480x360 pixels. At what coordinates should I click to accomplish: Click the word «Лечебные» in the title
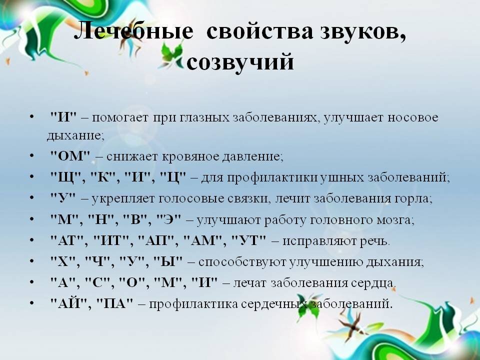133,30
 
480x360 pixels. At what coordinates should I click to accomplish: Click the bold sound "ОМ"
70,156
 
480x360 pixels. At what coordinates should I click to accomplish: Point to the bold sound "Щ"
66,178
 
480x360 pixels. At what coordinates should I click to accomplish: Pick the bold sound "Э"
168,220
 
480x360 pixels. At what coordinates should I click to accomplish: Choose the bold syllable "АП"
156,241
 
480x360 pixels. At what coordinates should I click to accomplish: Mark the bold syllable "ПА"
115,303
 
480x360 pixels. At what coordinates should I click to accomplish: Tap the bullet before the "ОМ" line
31,156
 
